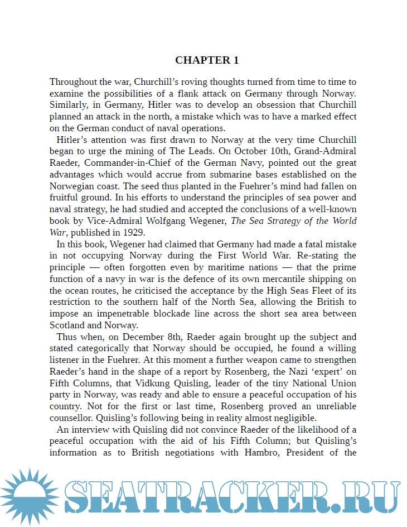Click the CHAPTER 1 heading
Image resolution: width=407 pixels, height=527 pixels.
[x=207, y=60]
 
